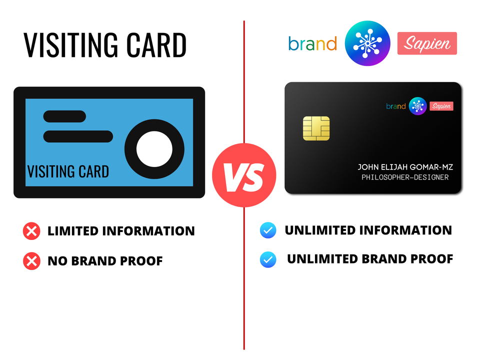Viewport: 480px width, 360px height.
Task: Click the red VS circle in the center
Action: (244, 175)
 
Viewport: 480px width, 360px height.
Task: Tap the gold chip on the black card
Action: (316, 128)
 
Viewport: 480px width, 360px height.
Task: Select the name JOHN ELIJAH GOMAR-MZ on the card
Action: (405, 167)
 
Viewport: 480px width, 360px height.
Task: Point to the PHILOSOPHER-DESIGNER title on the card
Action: (405, 177)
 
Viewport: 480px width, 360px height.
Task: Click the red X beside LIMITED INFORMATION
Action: (31, 231)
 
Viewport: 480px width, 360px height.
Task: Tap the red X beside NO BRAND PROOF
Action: (31, 261)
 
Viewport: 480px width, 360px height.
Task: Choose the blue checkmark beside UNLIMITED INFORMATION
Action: (268, 230)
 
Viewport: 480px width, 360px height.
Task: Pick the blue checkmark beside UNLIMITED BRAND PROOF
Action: (268, 259)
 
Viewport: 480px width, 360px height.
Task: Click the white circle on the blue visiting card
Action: (154, 149)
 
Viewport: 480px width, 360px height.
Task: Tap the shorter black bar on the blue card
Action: (64, 116)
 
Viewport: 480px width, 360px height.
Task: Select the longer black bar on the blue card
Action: (78, 136)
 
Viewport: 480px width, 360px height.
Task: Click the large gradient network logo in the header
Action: (367, 43)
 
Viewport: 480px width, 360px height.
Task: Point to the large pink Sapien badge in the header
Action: (427, 43)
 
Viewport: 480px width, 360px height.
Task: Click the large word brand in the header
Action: (312, 43)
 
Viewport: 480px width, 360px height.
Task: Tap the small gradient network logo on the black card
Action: (417, 106)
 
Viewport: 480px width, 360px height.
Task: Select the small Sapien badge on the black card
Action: (441, 106)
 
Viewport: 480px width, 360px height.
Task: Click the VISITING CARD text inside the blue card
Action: (68, 171)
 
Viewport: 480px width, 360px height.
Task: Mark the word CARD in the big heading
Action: (156, 45)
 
